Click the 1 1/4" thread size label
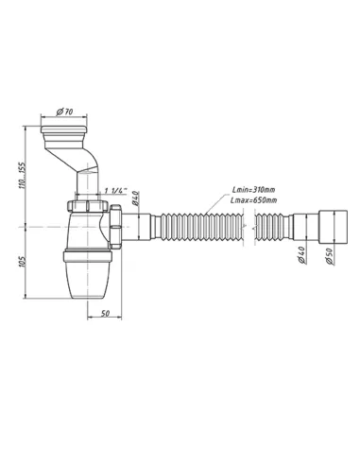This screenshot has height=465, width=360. coord(119,189)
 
